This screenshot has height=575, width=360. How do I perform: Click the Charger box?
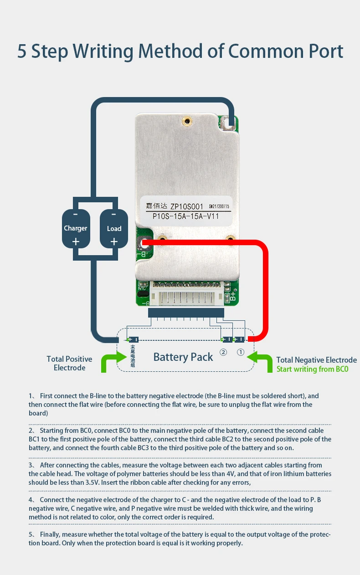tap(76, 228)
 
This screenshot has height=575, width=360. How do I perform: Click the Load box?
tap(114, 228)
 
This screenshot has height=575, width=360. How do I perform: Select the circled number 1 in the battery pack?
tap(241, 352)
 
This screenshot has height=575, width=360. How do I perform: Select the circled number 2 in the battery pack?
tap(223, 352)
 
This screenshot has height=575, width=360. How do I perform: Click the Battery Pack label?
tap(183, 357)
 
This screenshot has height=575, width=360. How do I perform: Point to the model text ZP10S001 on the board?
tap(186, 207)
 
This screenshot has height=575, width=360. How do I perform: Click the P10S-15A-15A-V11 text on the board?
tap(185, 216)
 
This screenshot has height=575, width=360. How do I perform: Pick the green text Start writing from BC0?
tap(312, 369)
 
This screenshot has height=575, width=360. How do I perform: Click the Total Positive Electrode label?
tap(69, 363)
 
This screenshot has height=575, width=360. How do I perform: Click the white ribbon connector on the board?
tap(187, 299)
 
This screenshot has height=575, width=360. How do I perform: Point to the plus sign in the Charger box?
tap(76, 241)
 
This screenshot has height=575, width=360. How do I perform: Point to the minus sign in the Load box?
tap(114, 214)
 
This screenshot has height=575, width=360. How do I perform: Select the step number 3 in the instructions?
tap(31, 465)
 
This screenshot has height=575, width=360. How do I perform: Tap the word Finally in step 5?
tap(51, 534)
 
